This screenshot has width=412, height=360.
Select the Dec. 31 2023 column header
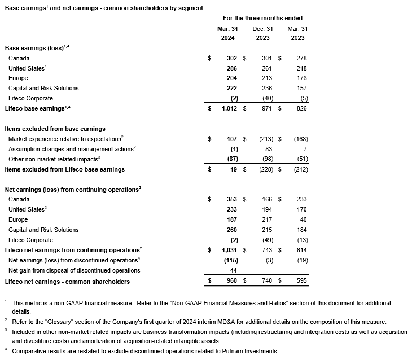[262, 33]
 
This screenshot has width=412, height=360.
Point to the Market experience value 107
[231, 139]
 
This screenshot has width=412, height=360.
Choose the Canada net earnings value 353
[231, 199]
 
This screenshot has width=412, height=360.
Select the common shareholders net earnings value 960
[231, 281]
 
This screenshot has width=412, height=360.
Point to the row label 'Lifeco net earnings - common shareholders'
[67, 281]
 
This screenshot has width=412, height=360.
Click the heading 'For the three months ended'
[262, 19]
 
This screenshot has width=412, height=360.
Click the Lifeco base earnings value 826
[301, 108]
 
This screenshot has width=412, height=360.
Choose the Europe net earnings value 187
[231, 219]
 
